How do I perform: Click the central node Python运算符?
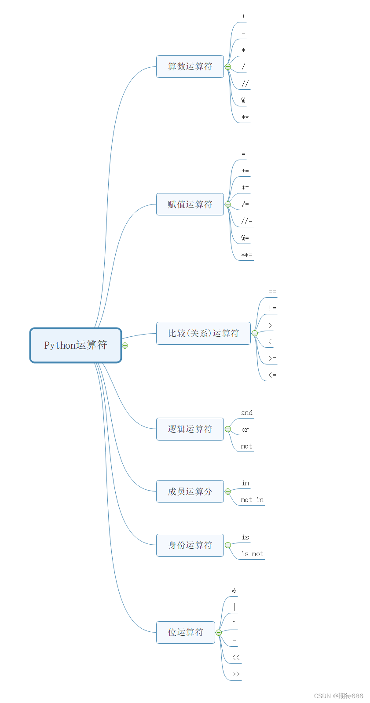(75, 345)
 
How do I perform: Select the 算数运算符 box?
(190, 67)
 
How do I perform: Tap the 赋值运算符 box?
(190, 204)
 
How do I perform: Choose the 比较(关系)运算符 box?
(203, 333)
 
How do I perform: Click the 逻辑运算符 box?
(190, 429)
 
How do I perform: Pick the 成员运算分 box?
(190, 492)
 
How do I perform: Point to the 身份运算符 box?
(190, 545)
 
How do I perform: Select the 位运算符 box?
(185, 632)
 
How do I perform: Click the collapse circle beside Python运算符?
(125, 346)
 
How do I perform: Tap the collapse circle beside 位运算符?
(219, 633)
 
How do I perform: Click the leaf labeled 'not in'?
(252, 500)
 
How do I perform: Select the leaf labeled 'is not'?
(252, 554)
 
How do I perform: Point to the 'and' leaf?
(247, 413)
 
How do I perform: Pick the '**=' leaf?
(246, 255)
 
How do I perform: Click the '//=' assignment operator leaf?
(247, 221)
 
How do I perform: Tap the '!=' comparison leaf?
(272, 308)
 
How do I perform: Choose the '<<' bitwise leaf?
(236, 657)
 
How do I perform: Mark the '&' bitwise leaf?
(234, 590)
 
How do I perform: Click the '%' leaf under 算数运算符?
(243, 101)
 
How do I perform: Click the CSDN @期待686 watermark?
(338, 696)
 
